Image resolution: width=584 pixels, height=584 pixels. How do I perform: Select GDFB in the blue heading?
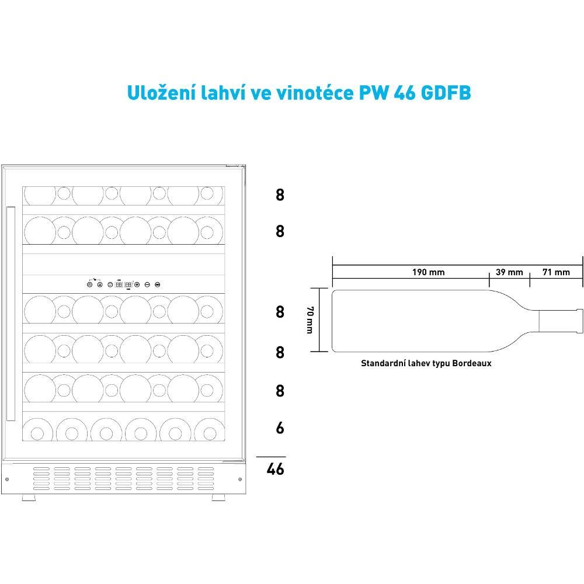pos(446,92)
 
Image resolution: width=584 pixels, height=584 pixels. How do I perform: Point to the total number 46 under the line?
pos(275,468)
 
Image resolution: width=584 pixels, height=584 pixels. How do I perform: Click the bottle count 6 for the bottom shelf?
pos(280,427)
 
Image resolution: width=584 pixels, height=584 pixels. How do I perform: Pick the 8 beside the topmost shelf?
pos(280,194)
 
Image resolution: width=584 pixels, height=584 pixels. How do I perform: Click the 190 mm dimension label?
pos(428,272)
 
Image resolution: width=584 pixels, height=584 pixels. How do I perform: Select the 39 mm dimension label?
pos(509,272)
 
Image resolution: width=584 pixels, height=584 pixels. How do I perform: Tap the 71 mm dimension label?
pos(556,272)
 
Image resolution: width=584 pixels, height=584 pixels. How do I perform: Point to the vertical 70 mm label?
pos(310,319)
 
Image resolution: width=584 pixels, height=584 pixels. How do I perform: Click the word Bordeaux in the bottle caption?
pos(472,363)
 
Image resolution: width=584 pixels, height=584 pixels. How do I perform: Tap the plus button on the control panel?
pos(137,284)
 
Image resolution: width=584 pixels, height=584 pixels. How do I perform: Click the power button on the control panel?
pos(89,284)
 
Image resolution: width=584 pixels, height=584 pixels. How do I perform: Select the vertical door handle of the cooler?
pos(11,314)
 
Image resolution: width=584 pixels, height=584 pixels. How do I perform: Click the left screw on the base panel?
pos(7,479)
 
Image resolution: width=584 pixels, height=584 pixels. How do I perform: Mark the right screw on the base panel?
pos(239,479)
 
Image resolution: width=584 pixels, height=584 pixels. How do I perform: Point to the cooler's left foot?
pos(29,497)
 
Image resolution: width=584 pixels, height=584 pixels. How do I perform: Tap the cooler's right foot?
pos(218,497)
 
